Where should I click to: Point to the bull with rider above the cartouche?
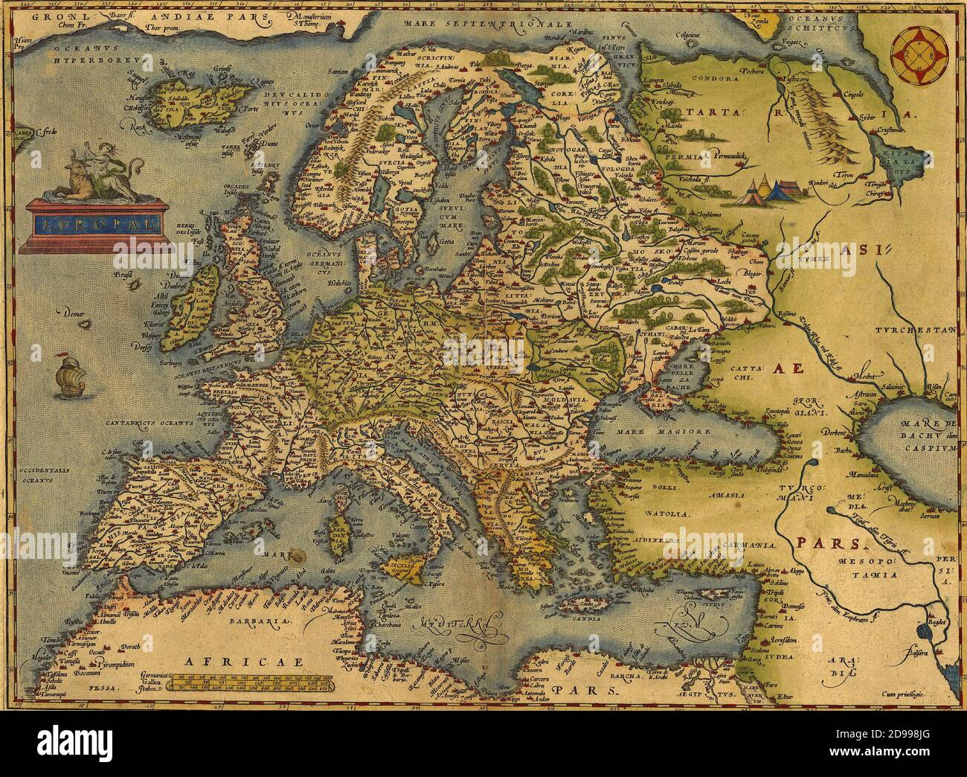[x=100, y=176]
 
